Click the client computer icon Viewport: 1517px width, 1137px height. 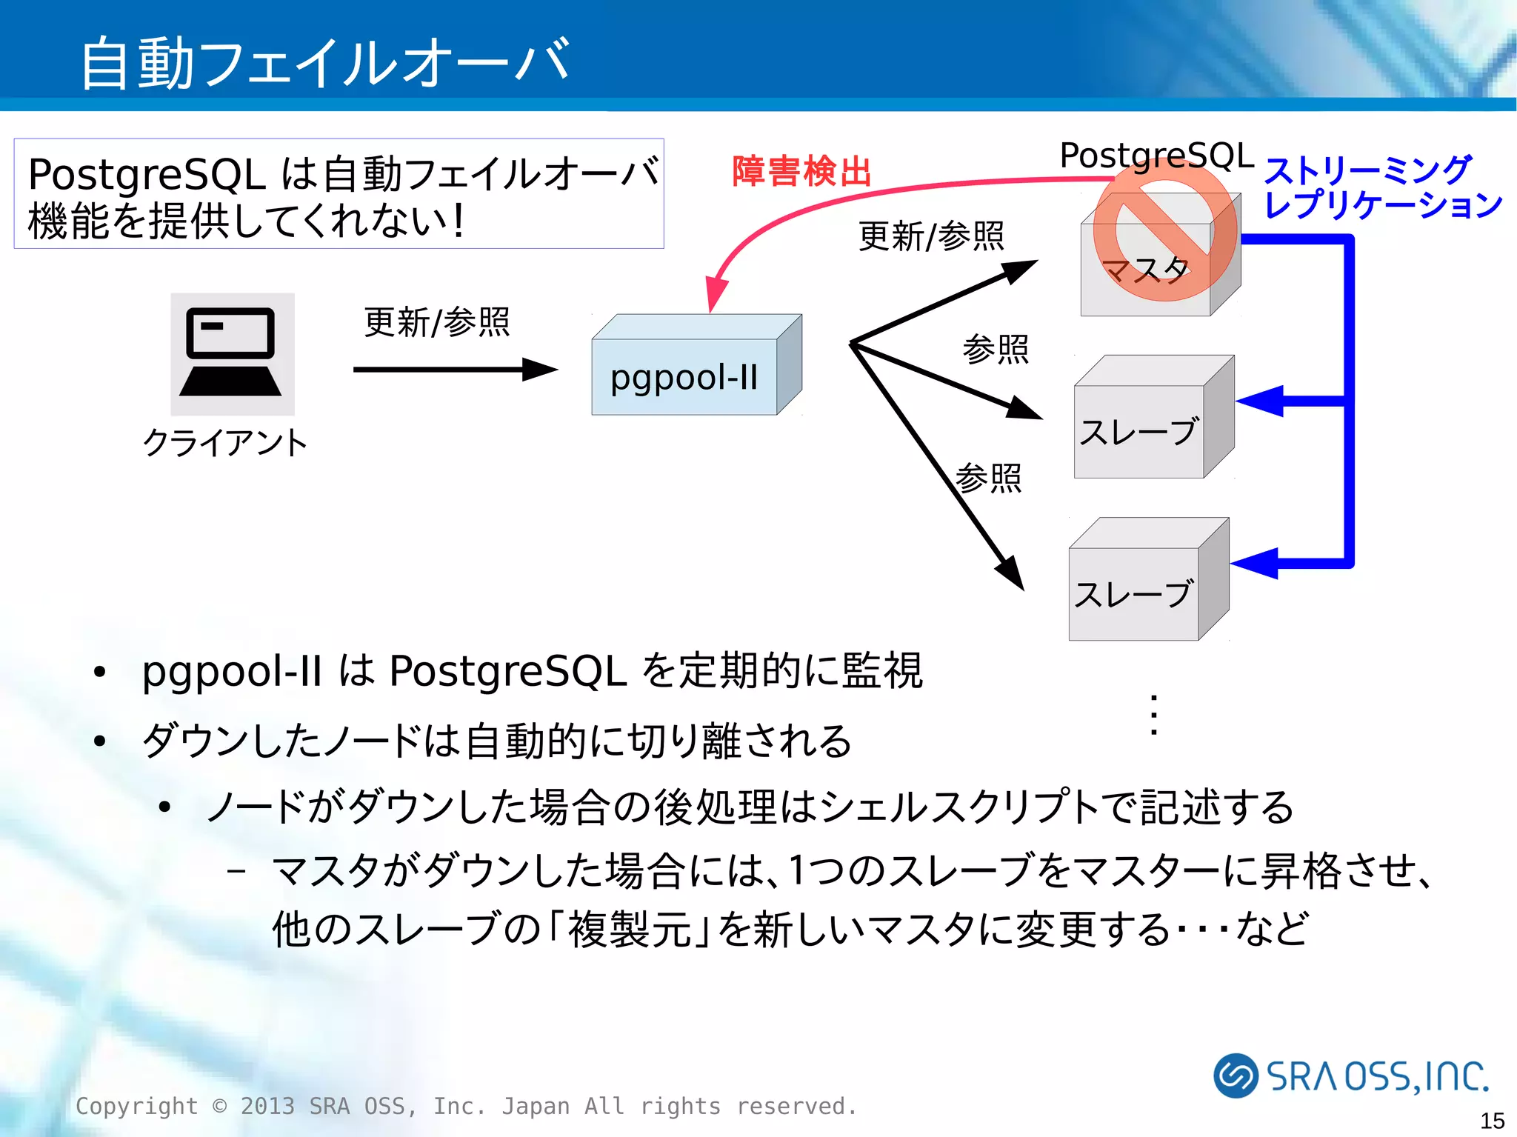click(232, 353)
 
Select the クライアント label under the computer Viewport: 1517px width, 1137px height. click(224, 443)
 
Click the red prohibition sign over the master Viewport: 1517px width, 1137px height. click(1164, 231)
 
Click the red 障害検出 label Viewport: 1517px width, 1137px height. click(801, 171)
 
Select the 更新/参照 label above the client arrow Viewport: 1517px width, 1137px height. click(436, 322)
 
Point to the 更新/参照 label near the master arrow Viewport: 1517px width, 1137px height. click(930, 236)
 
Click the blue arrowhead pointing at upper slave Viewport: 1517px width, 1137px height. click(1259, 401)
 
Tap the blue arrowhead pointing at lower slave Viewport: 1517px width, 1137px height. click(1255, 563)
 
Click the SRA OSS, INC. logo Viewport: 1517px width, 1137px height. click(1351, 1076)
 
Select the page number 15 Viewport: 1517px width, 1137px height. click(1492, 1120)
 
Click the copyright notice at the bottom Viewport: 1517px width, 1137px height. click(466, 1106)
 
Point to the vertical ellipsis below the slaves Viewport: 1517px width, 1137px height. click(1153, 715)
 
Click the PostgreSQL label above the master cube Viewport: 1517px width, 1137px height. click(1156, 156)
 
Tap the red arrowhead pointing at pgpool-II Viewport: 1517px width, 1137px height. click(716, 295)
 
